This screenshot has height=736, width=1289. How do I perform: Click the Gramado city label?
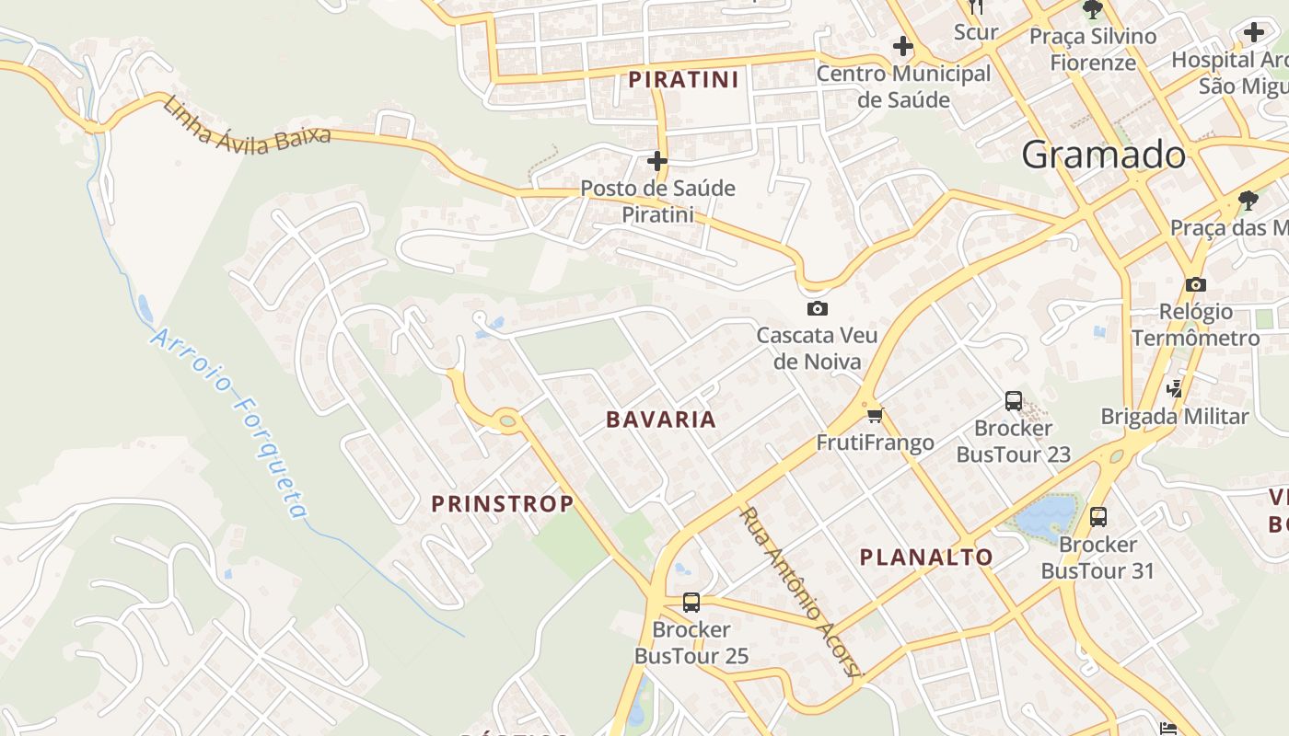[x=1104, y=155]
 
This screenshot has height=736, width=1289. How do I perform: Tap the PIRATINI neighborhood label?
[x=683, y=80]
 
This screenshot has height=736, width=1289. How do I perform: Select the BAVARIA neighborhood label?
[x=660, y=420]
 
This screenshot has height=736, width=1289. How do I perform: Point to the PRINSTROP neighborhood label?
[x=503, y=503]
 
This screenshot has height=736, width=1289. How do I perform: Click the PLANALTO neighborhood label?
[x=926, y=557]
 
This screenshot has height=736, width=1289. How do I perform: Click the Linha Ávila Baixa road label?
[x=246, y=123]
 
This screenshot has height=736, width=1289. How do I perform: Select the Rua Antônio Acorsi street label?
[x=801, y=592]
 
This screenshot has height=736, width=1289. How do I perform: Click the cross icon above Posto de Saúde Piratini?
[x=656, y=161]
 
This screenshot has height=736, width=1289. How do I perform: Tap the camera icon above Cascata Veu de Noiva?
[x=817, y=308]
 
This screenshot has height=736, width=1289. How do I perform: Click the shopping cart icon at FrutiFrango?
[x=875, y=415]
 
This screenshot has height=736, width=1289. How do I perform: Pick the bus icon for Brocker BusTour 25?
[x=691, y=603]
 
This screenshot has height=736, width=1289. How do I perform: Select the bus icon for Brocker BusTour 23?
[x=1014, y=401]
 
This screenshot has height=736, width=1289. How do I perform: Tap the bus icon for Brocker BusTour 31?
[x=1098, y=517]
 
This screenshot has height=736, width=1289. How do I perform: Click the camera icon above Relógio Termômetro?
[x=1196, y=284]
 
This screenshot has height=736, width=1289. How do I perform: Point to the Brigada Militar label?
[x=1175, y=416]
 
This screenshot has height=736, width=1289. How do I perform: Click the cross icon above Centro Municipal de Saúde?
[x=903, y=46]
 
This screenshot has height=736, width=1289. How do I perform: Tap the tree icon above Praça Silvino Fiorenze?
[x=1093, y=10]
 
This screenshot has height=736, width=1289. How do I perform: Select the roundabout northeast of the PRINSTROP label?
[x=507, y=421]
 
